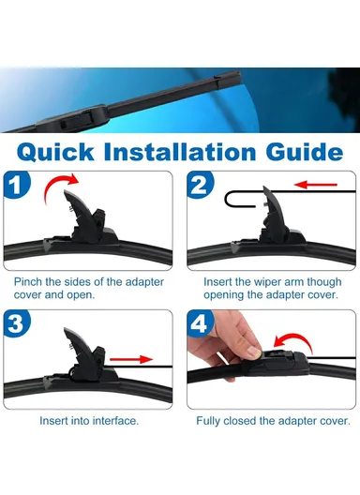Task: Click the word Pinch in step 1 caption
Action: tap(29, 280)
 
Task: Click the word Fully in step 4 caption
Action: tap(211, 421)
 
